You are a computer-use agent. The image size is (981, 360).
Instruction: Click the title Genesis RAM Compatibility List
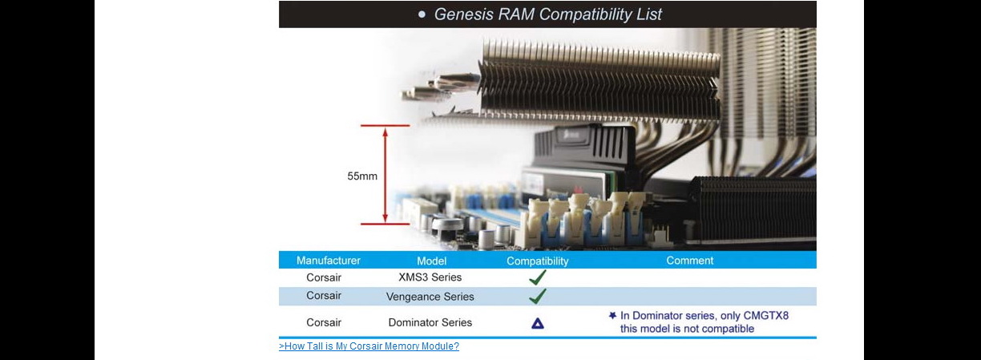[547, 14]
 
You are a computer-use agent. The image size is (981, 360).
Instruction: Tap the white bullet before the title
[422, 14]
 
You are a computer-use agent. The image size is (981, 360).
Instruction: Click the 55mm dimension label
[362, 176]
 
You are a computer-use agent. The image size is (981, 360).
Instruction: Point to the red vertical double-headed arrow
[386, 175]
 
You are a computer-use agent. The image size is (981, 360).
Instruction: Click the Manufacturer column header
[329, 261]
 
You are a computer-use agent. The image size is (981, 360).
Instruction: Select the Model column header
[431, 261]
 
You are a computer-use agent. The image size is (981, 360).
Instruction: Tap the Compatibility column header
[537, 261]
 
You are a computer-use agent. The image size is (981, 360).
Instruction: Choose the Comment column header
[689, 261]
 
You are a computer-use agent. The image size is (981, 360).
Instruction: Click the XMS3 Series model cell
[430, 277]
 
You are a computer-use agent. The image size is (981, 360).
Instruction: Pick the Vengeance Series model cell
[430, 297]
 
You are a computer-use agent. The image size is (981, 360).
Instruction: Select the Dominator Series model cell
[430, 323]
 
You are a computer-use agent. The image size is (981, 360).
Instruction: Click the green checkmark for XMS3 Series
[538, 277]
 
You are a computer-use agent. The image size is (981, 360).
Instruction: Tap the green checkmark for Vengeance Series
[538, 297]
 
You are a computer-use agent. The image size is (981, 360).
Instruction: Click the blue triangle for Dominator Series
[538, 324]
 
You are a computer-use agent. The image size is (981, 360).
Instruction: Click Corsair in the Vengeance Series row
[324, 296]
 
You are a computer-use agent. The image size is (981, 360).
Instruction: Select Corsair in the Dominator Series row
[324, 323]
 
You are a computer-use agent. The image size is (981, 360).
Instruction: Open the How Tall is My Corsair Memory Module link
[369, 346]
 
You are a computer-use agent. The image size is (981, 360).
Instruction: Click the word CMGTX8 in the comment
[766, 316]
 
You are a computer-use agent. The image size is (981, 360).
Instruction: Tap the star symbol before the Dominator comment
[612, 316]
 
